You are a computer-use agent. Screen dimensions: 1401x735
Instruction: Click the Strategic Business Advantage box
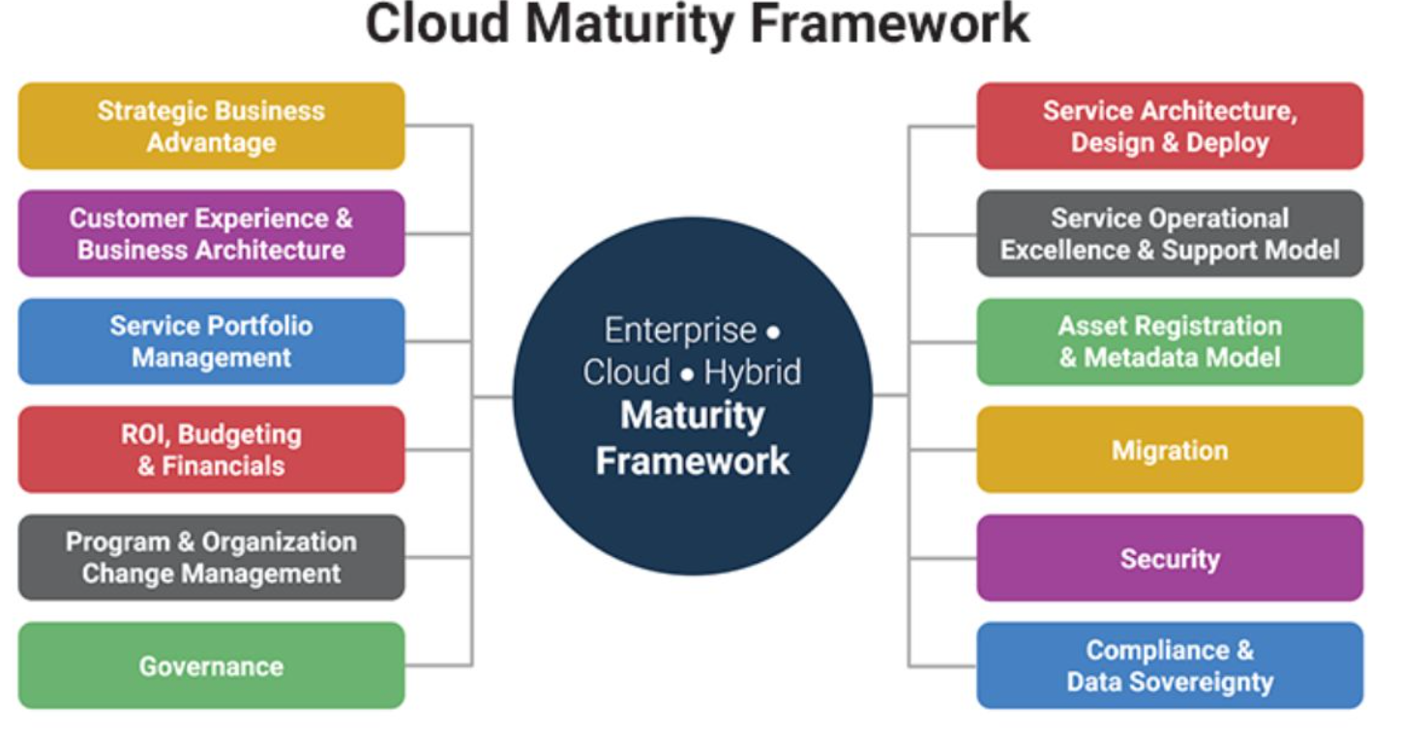[x=211, y=127]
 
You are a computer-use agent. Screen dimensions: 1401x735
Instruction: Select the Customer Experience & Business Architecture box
[x=211, y=234]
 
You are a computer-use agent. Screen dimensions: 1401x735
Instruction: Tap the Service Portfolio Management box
[x=211, y=341]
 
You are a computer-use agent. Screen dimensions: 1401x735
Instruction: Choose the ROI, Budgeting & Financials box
[x=211, y=450]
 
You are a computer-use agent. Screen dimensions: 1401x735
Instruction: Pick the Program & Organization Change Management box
[x=211, y=557]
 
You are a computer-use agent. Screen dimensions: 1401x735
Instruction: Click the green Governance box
[x=211, y=665]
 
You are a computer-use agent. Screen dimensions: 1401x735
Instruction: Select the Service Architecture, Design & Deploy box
[x=1170, y=127]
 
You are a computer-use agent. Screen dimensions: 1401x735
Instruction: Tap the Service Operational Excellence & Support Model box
[x=1170, y=234]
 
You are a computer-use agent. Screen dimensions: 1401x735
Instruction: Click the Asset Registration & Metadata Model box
[x=1170, y=341]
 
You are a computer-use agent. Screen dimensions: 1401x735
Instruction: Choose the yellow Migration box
[x=1170, y=450]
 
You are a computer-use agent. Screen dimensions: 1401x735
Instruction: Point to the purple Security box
[x=1170, y=557]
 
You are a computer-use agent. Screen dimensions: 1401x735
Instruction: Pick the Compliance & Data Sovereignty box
[x=1170, y=665]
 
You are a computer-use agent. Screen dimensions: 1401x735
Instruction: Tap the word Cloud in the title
[x=437, y=24]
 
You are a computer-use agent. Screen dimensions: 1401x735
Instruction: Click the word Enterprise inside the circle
[x=680, y=330]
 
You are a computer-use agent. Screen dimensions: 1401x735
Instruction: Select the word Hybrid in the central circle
[x=753, y=372]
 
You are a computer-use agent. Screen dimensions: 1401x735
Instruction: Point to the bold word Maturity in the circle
[x=693, y=415]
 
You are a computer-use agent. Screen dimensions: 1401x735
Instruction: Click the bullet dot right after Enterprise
[x=773, y=332]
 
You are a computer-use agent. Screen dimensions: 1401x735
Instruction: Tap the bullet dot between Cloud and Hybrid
[x=687, y=374]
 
